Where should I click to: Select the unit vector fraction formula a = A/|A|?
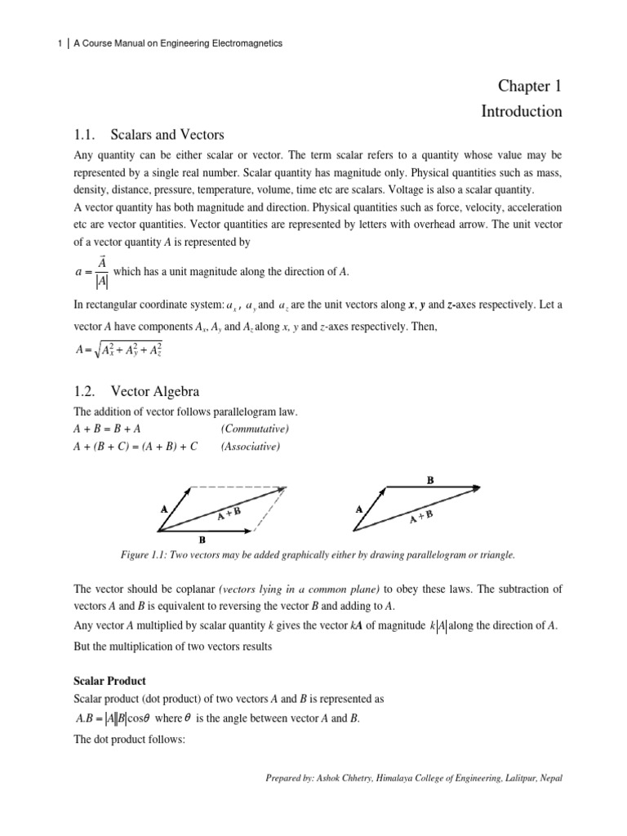[x=91, y=271]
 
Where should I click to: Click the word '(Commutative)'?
[x=255, y=429]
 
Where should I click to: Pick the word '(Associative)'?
[x=251, y=447]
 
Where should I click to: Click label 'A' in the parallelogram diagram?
[x=164, y=508]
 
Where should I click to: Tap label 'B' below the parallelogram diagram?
[x=202, y=540]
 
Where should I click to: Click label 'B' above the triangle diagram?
[x=430, y=481]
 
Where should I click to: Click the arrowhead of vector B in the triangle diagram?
[x=475, y=487]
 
